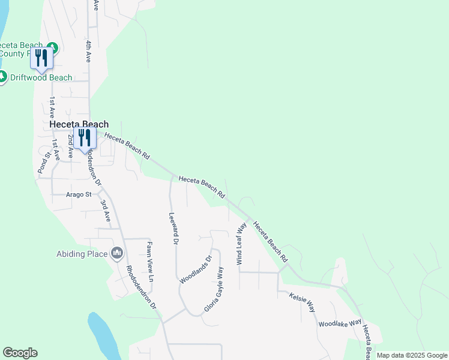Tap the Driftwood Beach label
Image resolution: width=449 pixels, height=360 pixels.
40,77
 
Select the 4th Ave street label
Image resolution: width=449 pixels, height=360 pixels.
88,52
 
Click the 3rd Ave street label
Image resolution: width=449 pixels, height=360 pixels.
105,208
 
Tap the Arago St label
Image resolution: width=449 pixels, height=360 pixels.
79,194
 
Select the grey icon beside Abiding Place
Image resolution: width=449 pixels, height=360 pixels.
117,254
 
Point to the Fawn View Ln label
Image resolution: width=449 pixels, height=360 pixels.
151,262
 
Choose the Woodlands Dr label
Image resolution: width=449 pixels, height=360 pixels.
196,271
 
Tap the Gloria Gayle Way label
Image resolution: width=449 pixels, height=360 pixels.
214,289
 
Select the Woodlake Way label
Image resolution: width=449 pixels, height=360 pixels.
340,323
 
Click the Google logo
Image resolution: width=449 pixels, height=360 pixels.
20,353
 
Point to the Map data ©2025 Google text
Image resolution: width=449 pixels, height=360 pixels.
412,355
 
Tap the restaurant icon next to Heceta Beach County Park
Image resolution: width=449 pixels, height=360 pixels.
41,58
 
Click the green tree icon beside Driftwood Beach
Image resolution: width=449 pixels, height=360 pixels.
3,77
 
